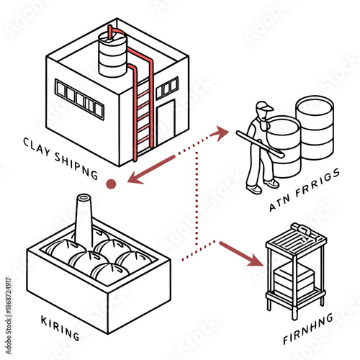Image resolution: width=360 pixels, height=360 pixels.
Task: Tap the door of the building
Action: [166, 122]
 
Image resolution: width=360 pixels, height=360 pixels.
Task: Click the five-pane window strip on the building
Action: [80, 99]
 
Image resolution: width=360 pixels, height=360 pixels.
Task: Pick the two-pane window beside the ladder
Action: [167, 88]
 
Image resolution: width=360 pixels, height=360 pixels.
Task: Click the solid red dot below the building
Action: [111, 184]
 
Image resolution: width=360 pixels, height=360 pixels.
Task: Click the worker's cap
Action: [264, 108]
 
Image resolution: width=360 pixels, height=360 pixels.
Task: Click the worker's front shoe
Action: [253, 189]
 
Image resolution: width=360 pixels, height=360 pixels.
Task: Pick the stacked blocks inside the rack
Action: [294, 279]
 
